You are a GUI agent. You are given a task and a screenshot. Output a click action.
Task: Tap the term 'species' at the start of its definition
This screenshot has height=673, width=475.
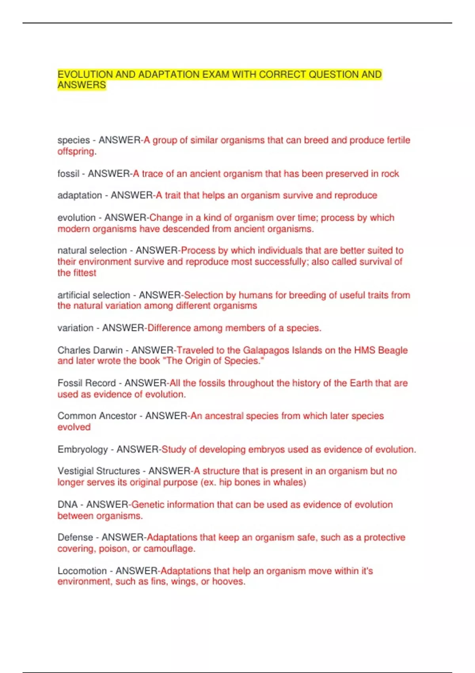74,140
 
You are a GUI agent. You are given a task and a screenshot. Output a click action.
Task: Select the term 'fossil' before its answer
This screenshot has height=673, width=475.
68,174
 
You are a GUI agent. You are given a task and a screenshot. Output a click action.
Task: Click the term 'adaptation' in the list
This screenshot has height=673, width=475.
80,196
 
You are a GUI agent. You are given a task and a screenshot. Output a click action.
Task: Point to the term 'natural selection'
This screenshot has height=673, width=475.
92,251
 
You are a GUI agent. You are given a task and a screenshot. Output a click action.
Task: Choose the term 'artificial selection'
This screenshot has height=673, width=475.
93,295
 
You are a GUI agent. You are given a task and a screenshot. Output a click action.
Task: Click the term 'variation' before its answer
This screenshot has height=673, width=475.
75,328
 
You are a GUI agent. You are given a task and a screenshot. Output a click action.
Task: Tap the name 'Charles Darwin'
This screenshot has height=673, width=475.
90,350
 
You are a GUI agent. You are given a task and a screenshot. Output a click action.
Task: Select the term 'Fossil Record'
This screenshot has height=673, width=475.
86,383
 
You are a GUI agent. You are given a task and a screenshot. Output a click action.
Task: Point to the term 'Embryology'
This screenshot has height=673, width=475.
82,450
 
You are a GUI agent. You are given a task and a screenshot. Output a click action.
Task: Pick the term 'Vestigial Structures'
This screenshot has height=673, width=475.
99,471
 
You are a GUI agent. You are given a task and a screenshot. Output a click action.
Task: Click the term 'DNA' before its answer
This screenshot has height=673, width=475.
67,505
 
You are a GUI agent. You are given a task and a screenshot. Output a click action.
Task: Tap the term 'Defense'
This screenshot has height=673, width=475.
75,538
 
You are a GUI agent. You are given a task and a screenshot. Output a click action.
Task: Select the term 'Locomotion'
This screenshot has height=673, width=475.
82,571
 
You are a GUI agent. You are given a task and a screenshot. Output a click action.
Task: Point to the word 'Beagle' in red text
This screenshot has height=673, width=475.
393,350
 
